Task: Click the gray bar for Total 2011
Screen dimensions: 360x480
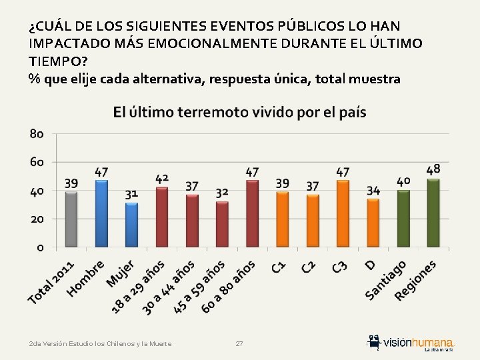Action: click(x=71, y=219)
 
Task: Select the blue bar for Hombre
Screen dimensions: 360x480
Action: click(x=101, y=213)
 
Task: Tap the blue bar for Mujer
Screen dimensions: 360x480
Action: click(x=131, y=225)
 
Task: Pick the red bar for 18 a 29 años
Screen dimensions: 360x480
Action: click(x=162, y=217)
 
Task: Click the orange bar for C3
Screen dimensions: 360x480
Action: click(x=343, y=213)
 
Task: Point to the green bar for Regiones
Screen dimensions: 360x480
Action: click(x=433, y=213)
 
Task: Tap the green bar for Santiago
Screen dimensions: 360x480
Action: click(x=403, y=219)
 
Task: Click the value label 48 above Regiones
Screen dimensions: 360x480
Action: click(x=433, y=169)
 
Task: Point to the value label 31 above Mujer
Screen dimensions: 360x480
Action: click(x=131, y=193)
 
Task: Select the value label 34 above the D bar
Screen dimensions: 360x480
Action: click(x=373, y=191)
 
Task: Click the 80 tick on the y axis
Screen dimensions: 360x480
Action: click(x=37, y=134)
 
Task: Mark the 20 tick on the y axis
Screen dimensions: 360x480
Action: click(x=37, y=219)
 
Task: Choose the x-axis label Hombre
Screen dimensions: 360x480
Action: click(x=87, y=276)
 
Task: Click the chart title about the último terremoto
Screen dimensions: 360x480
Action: click(x=239, y=112)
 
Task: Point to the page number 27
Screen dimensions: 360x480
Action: click(x=239, y=344)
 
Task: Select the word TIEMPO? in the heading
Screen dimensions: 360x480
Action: click(x=56, y=61)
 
